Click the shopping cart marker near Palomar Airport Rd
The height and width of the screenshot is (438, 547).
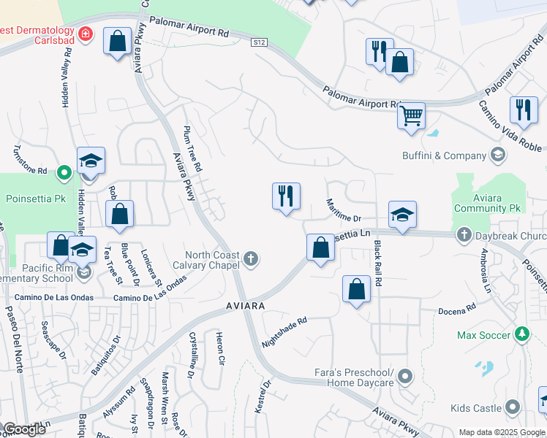click(x=411, y=115)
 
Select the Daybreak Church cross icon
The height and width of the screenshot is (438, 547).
click(x=464, y=235)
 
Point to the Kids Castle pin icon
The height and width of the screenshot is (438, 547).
click(x=513, y=407)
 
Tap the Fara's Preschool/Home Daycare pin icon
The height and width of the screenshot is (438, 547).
click(x=405, y=377)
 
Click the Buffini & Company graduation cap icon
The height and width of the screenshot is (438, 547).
click(x=497, y=155)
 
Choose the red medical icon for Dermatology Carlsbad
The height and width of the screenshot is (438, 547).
click(x=86, y=34)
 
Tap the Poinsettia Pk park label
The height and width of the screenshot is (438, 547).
click(x=36, y=199)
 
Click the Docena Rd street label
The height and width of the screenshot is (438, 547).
click(x=457, y=312)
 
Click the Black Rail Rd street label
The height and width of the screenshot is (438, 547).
click(x=378, y=262)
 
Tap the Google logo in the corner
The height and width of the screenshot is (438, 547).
click(x=23, y=429)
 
